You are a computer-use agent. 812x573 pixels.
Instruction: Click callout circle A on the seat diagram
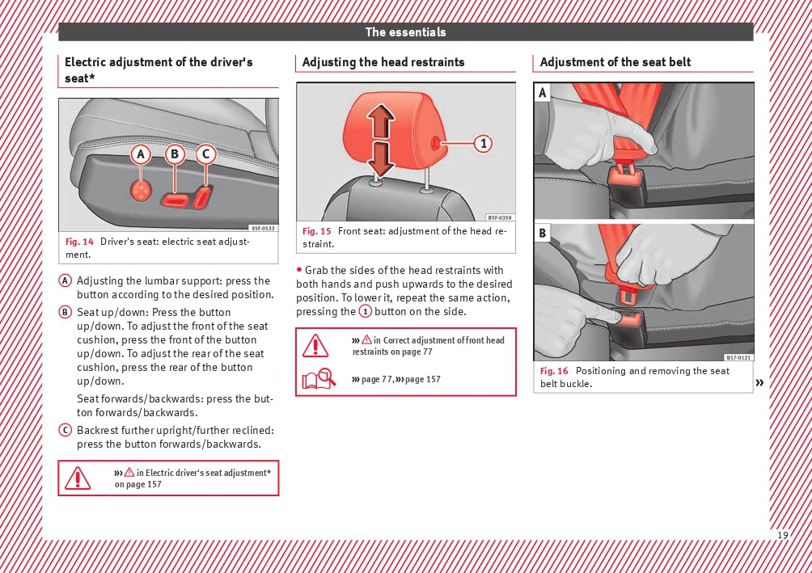[142, 154]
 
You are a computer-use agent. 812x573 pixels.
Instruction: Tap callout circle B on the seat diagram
[175, 154]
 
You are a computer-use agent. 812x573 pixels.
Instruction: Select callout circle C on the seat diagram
[205, 154]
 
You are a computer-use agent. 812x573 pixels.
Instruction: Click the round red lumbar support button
[142, 191]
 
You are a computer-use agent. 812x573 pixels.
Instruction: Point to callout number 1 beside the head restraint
[482, 143]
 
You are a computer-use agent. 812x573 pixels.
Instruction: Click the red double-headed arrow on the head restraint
[380, 142]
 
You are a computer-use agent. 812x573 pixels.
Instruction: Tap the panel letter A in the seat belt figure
[543, 94]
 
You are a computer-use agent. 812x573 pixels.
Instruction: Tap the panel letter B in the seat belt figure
[543, 234]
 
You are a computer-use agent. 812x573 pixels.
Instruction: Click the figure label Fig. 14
[79, 242]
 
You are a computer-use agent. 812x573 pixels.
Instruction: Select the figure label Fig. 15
[317, 231]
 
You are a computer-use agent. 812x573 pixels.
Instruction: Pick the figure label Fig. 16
[555, 371]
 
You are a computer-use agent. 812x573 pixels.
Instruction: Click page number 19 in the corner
[782, 536]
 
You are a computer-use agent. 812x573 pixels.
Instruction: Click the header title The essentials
[405, 32]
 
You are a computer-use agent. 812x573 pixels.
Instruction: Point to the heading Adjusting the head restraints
[383, 62]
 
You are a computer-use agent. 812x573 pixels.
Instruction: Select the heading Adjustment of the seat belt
[615, 62]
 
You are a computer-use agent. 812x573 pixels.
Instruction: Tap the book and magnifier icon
[319, 378]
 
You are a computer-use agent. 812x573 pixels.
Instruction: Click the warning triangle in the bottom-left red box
[78, 478]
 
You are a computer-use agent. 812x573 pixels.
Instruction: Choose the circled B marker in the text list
[65, 312]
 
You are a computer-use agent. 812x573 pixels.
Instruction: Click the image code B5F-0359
[500, 217]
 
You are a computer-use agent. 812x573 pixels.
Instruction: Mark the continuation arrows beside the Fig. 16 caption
[759, 382]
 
